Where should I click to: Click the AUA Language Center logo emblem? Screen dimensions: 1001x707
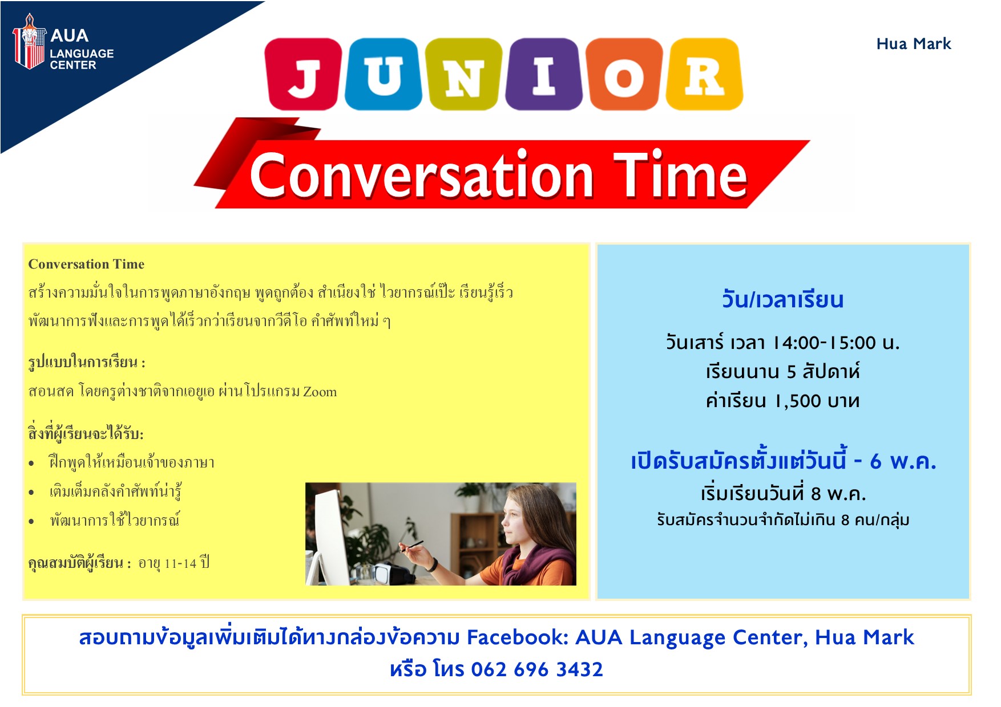point(29,41)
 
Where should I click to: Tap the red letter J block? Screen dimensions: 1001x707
point(303,74)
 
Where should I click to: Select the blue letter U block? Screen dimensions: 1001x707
point(384,74)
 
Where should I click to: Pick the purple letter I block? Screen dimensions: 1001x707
point(544,74)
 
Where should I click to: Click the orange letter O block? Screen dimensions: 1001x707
point(625,74)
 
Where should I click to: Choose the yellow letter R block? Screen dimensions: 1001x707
point(704,74)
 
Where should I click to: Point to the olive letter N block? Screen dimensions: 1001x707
point(464,74)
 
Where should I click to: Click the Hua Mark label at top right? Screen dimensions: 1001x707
point(914,44)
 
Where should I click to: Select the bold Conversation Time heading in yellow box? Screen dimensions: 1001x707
point(86,264)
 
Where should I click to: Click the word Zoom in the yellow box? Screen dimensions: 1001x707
point(320,392)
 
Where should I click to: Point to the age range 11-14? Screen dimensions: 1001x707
point(180,564)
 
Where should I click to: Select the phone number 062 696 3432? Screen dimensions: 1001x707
point(537,669)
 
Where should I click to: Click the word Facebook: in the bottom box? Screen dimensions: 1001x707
point(518,637)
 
